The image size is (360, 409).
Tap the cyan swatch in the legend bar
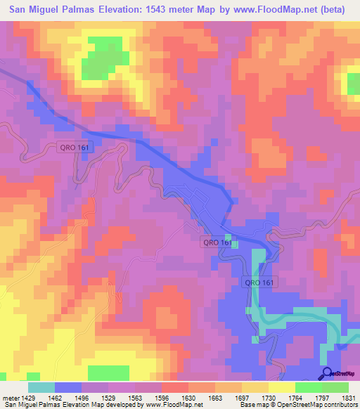point(41,387)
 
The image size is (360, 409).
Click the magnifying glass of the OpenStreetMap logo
point(327,372)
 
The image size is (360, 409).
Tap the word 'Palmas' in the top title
point(84,9)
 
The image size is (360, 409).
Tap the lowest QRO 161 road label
point(262,282)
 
